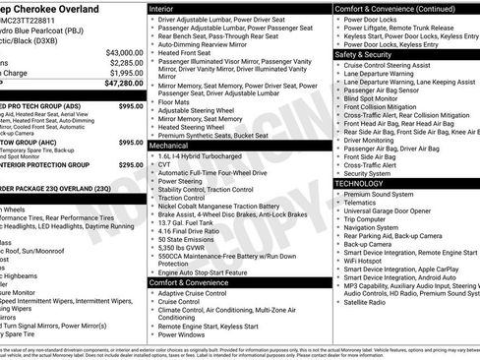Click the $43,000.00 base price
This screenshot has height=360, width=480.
tap(117, 51)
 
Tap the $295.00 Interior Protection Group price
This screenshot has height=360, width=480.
tap(130, 165)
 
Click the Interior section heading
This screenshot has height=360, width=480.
tap(162, 8)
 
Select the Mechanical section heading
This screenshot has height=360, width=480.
tap(169, 145)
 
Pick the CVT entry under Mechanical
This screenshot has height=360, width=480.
tap(165, 163)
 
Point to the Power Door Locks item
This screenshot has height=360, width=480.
tap(373, 19)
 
